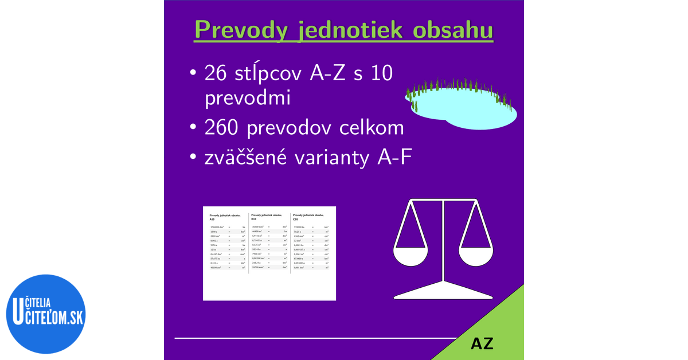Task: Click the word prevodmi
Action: (247, 98)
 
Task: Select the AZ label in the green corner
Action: (482, 344)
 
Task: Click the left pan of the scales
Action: (411, 256)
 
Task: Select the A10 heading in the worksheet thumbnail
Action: (212, 220)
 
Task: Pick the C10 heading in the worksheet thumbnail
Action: (295, 219)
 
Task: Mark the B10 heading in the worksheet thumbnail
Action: (254, 219)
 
